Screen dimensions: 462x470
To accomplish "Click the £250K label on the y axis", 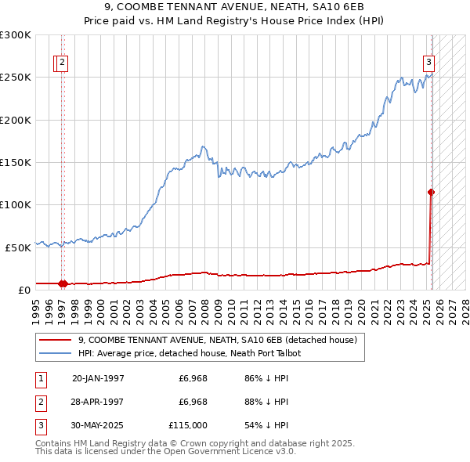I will [16, 78].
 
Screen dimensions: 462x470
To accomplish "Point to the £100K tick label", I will [16, 204].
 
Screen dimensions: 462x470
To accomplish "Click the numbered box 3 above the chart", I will [429, 64].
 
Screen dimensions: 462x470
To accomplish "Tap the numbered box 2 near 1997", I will [63, 64].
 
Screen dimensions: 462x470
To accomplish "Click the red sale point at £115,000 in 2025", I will [431, 192].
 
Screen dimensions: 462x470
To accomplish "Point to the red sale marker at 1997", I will [62, 283].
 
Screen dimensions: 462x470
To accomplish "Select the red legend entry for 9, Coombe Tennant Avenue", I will [217, 340].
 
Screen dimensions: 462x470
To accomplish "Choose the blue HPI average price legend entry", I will [189, 353].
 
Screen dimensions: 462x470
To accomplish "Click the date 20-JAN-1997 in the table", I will [98, 379].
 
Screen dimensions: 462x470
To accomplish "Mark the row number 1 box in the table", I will [40, 379].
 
